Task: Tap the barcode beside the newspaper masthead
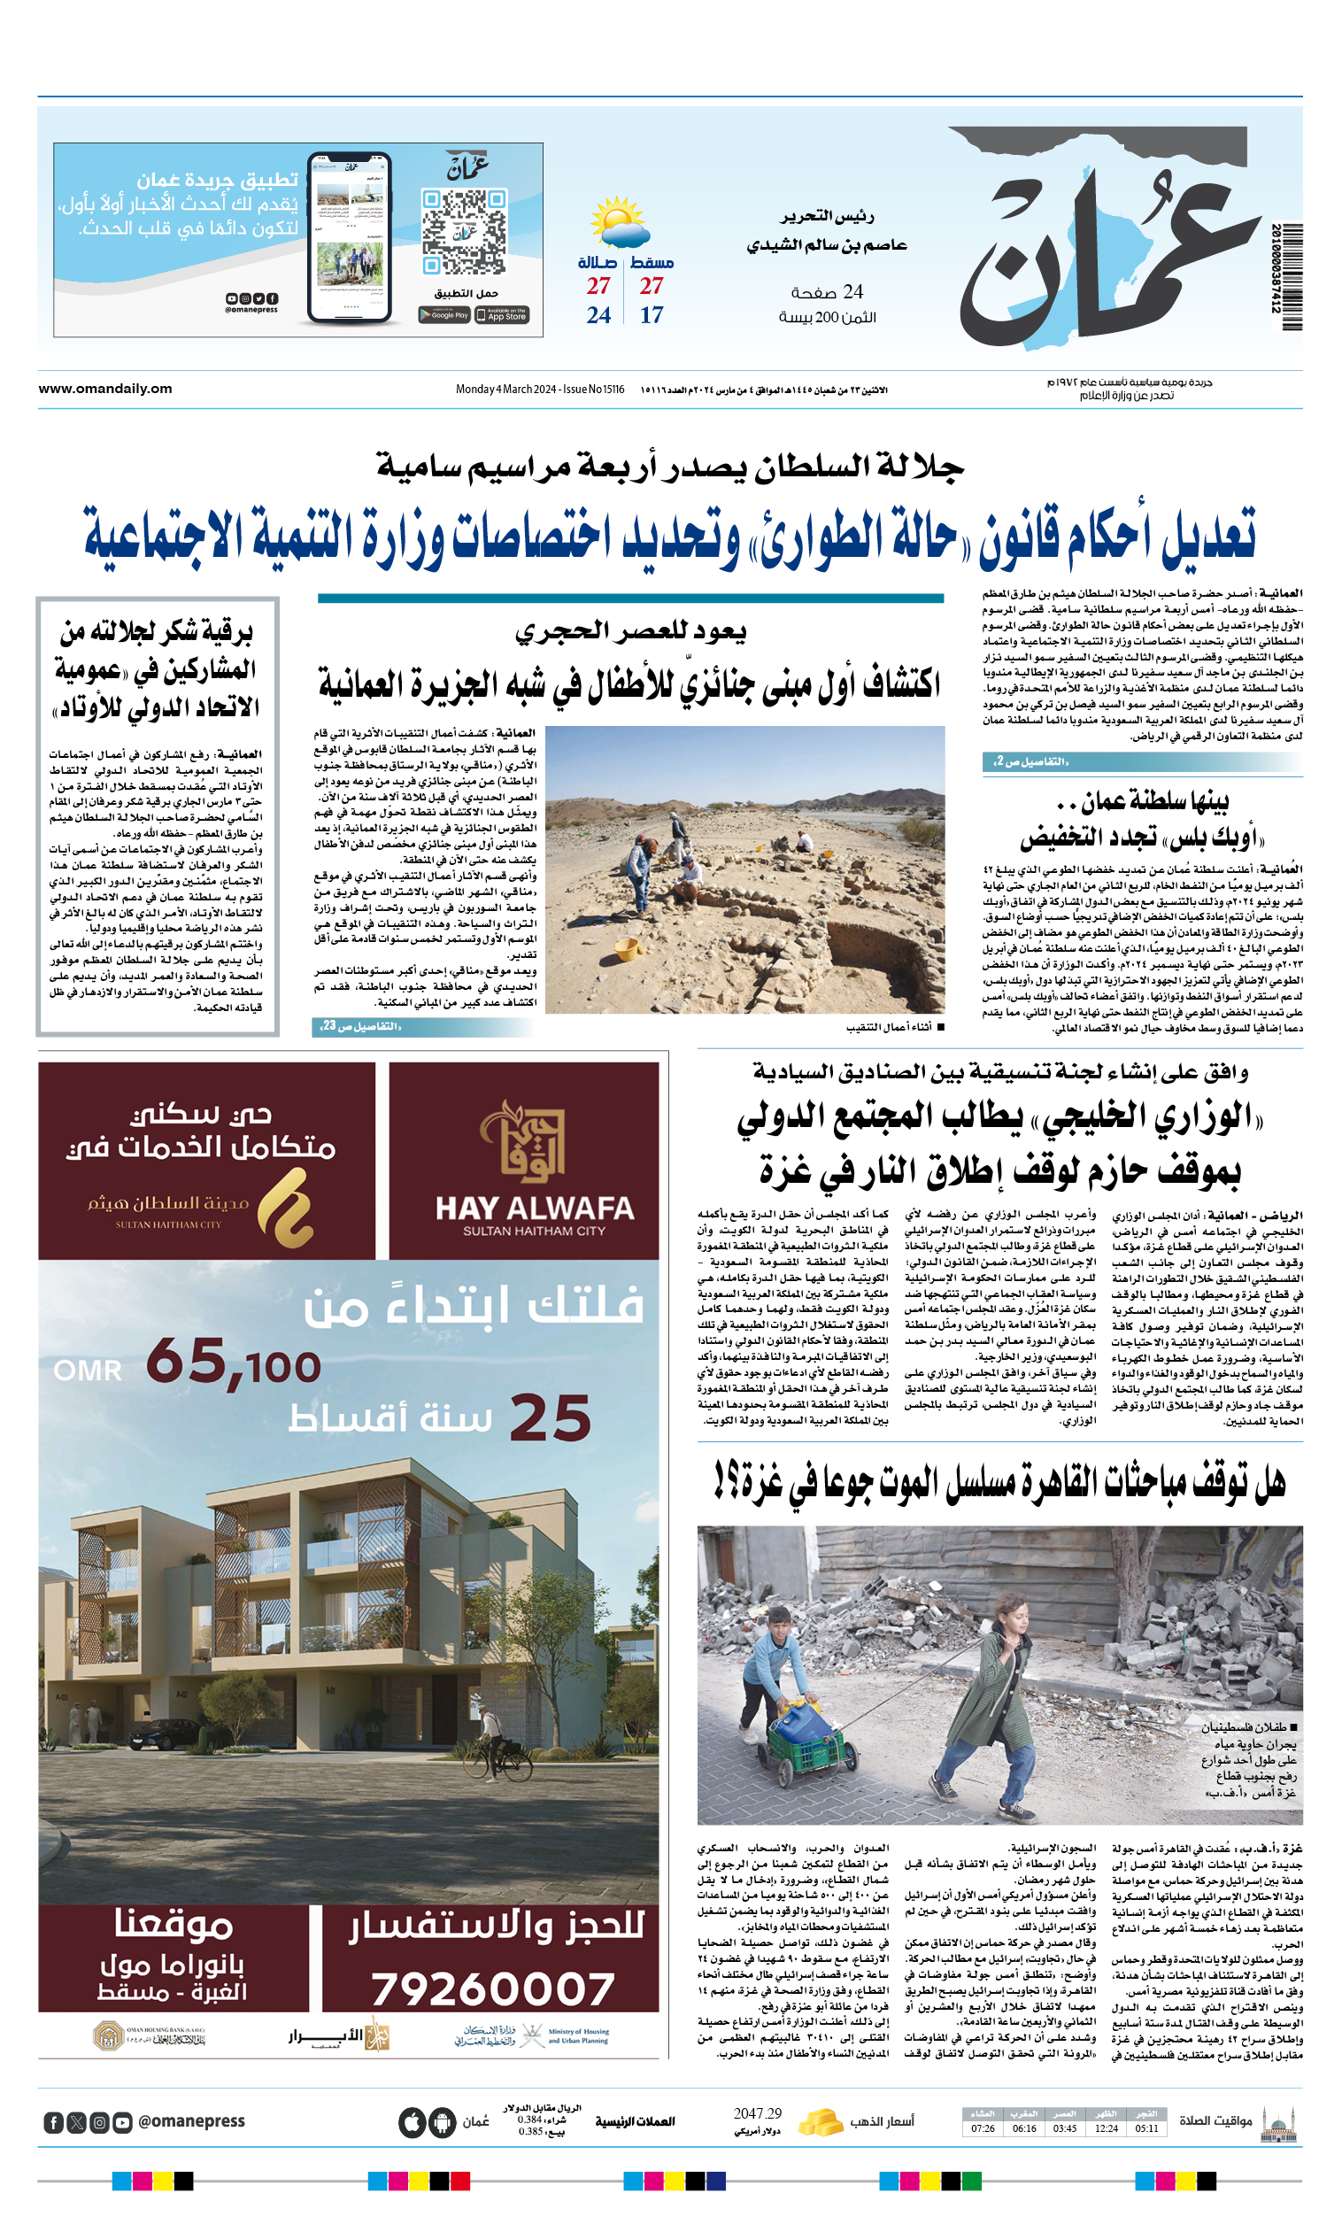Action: (x=1286, y=276)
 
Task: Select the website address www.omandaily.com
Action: (x=104, y=389)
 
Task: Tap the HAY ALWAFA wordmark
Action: (x=535, y=1209)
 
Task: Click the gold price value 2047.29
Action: (x=757, y=2114)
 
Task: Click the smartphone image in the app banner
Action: (x=350, y=238)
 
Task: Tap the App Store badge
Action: (x=502, y=315)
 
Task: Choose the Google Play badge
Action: (x=444, y=315)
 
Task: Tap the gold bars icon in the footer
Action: (x=820, y=2121)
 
